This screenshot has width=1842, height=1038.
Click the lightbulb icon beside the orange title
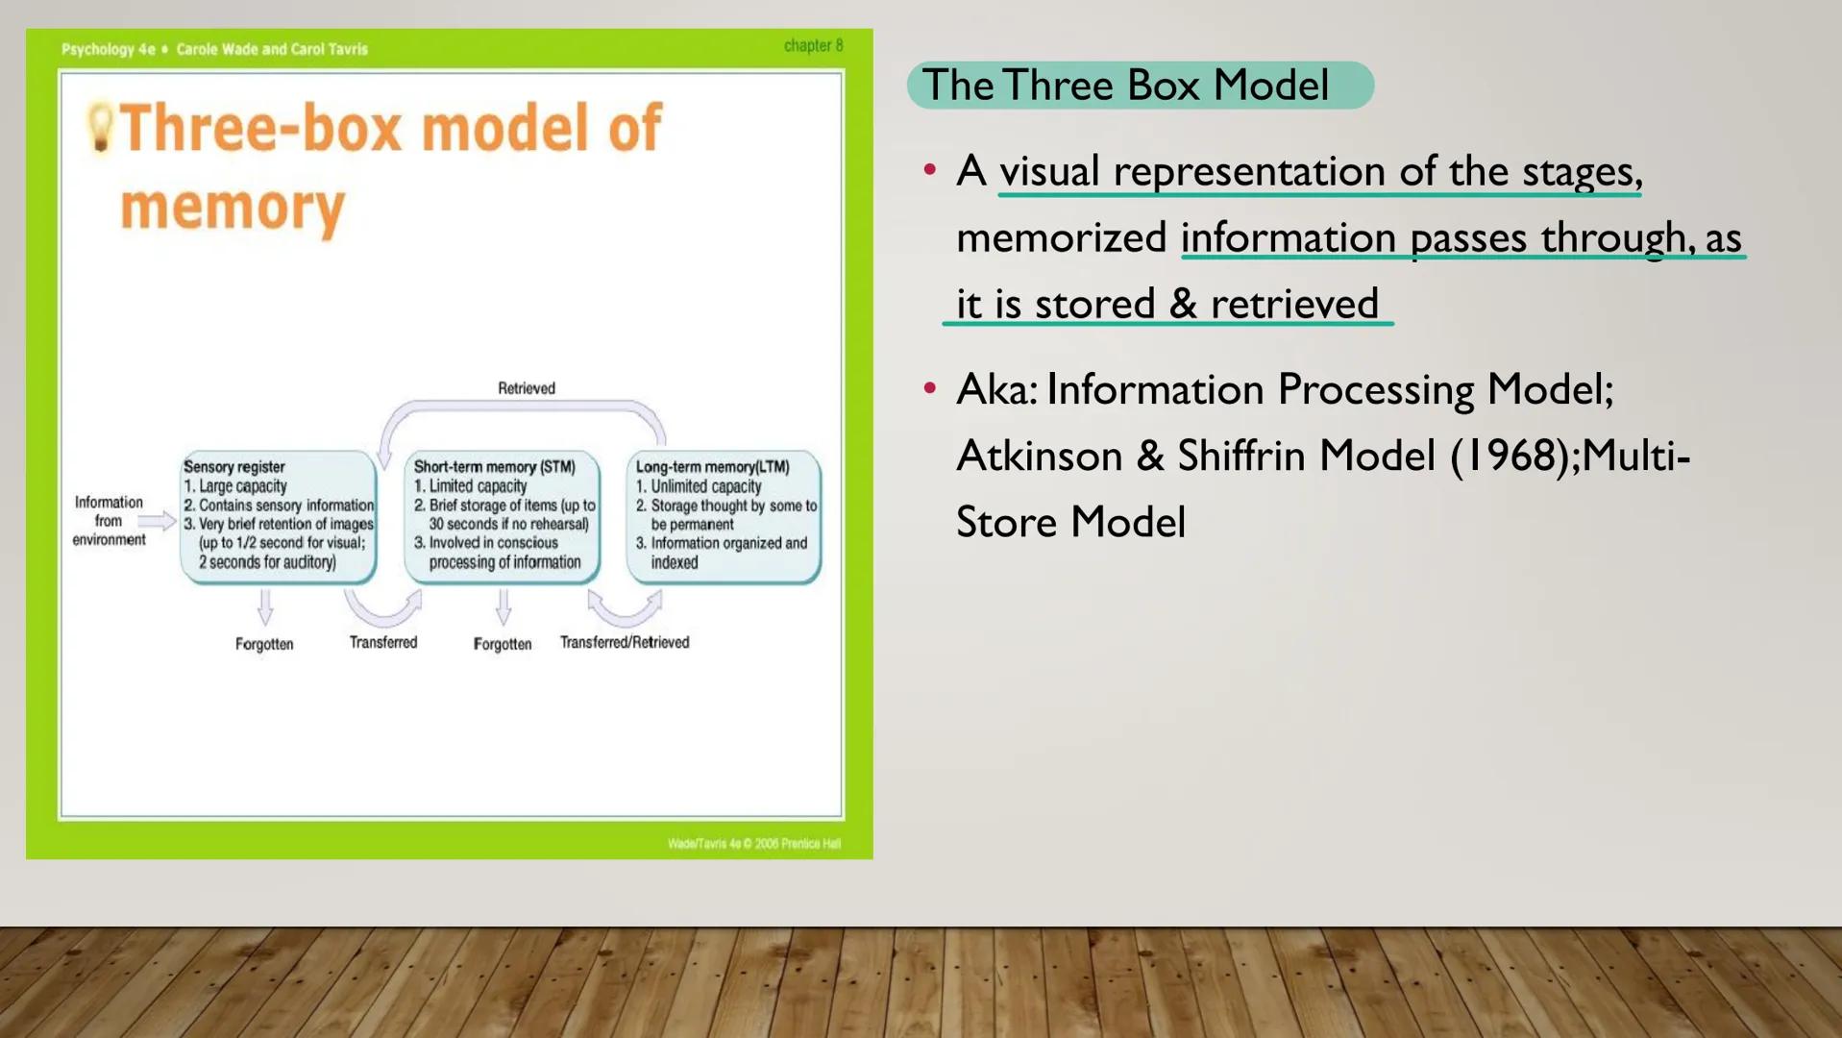pyautogui.click(x=99, y=128)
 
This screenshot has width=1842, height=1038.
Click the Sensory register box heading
pyautogui.click(x=233, y=467)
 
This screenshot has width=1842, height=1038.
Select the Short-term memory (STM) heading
pyautogui.click(x=494, y=467)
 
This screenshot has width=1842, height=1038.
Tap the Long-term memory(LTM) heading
pyautogui.click(x=712, y=467)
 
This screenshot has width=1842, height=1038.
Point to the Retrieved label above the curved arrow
pyautogui.click(x=526, y=388)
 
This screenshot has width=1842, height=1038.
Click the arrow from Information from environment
pyautogui.click(x=157, y=521)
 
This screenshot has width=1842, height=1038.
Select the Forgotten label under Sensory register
pyautogui.click(x=264, y=644)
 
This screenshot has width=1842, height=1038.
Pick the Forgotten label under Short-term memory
pyautogui.click(x=502, y=644)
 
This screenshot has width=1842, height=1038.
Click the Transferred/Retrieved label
pyautogui.click(x=625, y=642)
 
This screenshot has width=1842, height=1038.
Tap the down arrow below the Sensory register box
pyautogui.click(x=265, y=606)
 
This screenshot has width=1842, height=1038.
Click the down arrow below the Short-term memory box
pyautogui.click(x=503, y=606)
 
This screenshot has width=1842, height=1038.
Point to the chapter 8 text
pyautogui.click(x=813, y=45)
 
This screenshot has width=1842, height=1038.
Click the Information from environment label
pyautogui.click(x=109, y=521)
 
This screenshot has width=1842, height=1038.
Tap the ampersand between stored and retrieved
pyautogui.click(x=1183, y=304)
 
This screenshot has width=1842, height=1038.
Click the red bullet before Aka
pyautogui.click(x=929, y=388)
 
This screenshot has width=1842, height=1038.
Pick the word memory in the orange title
pyautogui.click(x=232, y=208)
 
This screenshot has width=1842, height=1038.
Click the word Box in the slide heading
pyautogui.click(x=1163, y=86)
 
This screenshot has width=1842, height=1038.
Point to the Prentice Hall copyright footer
pyautogui.click(x=753, y=844)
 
